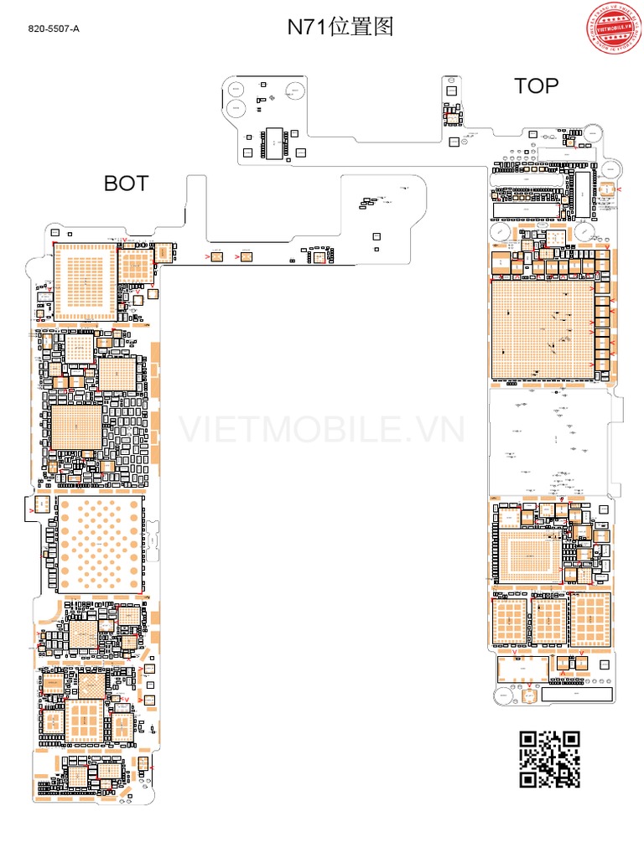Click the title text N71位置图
tap(340, 27)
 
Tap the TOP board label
tap(536, 85)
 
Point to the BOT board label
tap(126, 183)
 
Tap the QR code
tap(550, 759)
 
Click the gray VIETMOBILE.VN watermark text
tap(322, 429)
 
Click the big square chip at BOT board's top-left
tap(86, 281)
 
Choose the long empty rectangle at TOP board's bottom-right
tap(578, 695)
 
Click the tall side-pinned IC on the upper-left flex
tap(274, 143)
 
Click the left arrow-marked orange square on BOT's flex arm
tap(216, 256)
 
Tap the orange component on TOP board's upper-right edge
tap(606, 189)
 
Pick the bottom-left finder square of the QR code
tap(528, 779)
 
